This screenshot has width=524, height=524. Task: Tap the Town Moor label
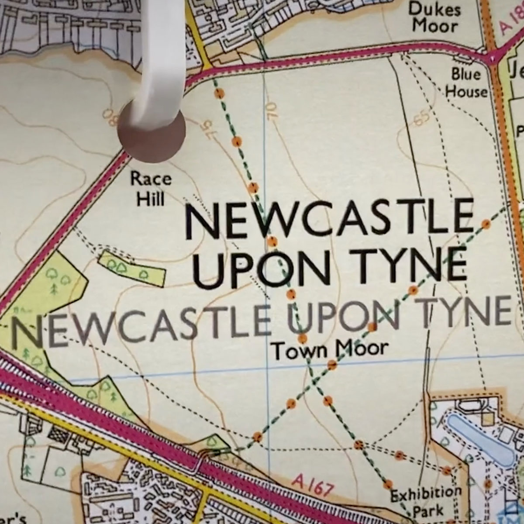[x=329, y=349]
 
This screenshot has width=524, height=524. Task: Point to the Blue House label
[x=466, y=83]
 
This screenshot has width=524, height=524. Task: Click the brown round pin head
[x=152, y=133]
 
